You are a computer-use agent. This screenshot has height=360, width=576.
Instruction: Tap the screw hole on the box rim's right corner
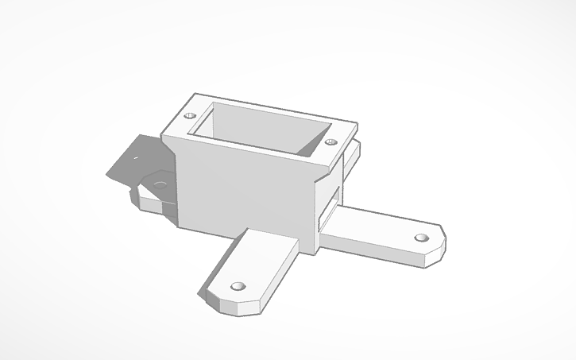coord(331,143)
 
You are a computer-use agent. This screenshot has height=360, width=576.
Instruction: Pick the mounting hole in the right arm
coord(422,237)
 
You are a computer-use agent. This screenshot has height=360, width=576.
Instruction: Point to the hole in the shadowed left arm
coord(160,184)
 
